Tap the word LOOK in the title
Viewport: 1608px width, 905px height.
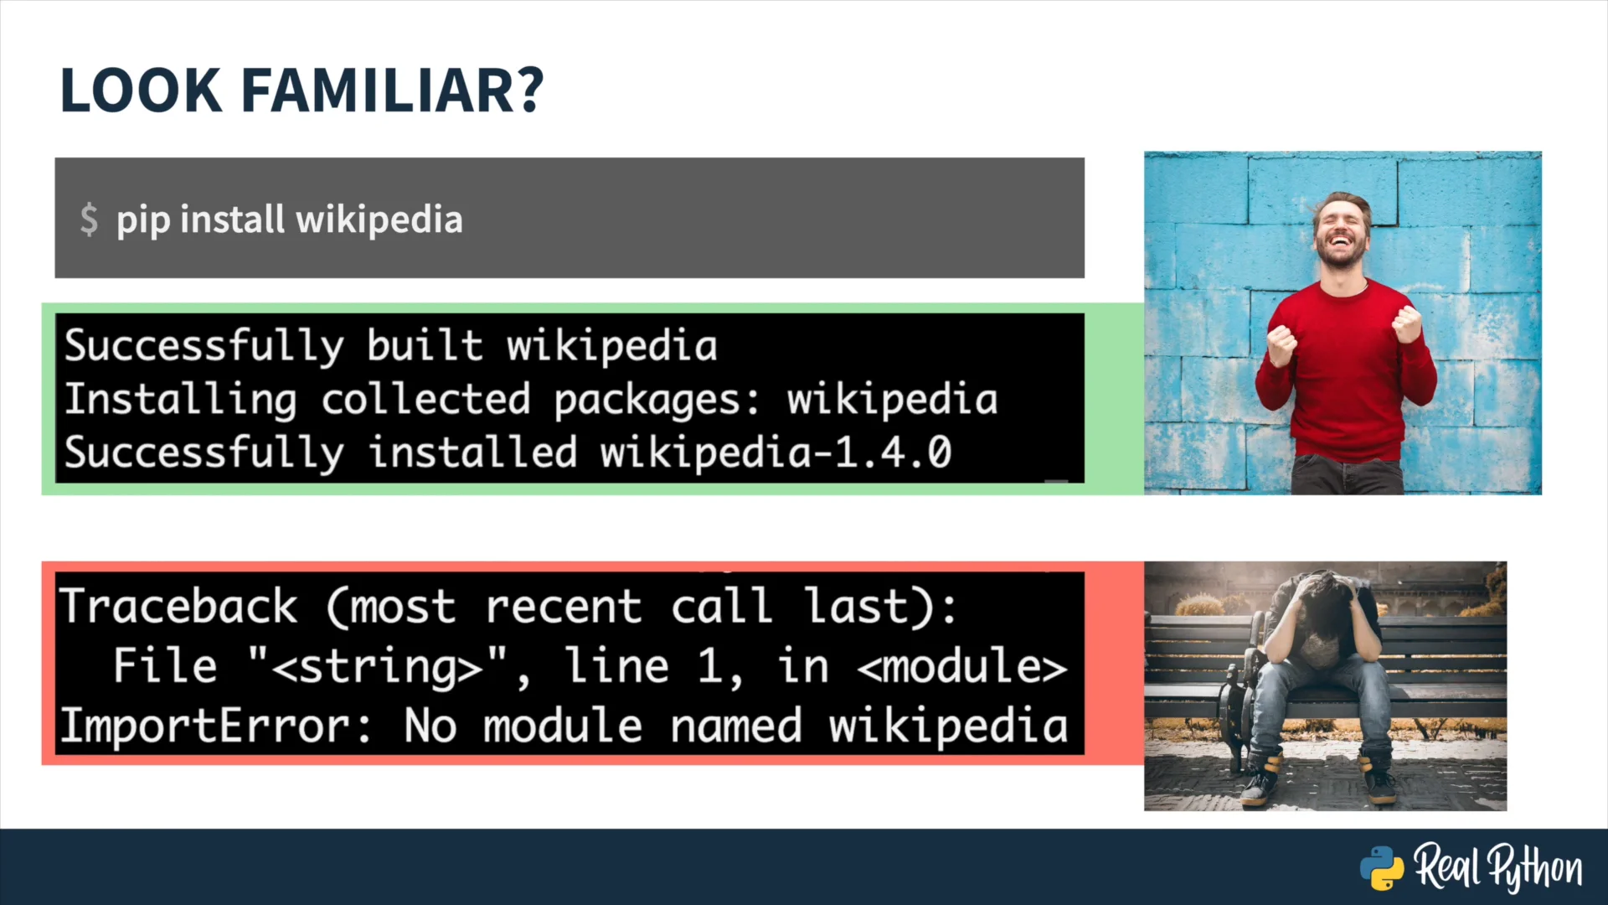[x=142, y=90]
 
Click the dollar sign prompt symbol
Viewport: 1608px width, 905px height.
[x=89, y=220]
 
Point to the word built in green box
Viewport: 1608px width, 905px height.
[x=425, y=345]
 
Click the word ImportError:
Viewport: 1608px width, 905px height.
[x=215, y=726]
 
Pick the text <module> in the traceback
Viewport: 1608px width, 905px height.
[x=962, y=666]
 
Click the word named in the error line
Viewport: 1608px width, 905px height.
[x=736, y=726]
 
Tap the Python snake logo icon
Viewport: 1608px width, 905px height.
[x=1382, y=868]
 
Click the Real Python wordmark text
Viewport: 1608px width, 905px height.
[x=1498, y=868]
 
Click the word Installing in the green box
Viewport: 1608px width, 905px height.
[x=180, y=400]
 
